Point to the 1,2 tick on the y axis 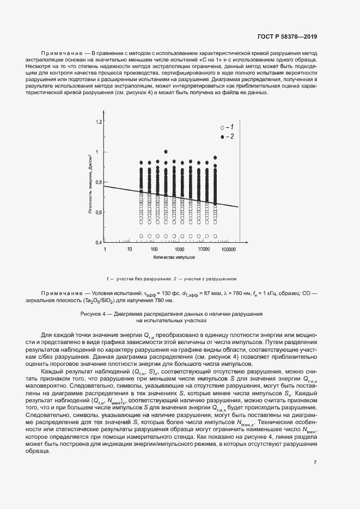(x=99, y=121)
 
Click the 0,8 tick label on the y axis (x=99, y=182)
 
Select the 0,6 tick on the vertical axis (x=99, y=212)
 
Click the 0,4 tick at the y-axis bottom (x=99, y=242)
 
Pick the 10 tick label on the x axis (x=130, y=249)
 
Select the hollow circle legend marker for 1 (x=222, y=126)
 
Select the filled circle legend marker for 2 (x=222, y=137)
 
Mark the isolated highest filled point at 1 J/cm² (x=166, y=152)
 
